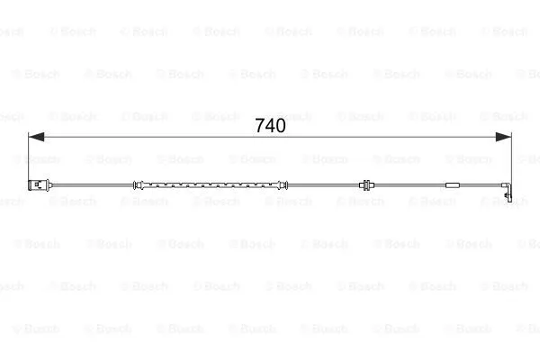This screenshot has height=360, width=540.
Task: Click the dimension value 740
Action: tap(270, 126)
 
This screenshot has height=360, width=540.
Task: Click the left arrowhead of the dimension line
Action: tap(36, 137)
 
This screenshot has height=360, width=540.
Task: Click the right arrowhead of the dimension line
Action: tap(503, 137)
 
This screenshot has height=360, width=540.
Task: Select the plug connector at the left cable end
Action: tap(40, 185)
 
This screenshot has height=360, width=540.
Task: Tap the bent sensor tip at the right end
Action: tap(508, 191)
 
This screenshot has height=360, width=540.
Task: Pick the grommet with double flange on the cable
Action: tap(365, 185)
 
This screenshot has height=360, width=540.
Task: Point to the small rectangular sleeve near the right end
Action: tap(452, 185)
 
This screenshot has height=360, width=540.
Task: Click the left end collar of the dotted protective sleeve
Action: tap(138, 185)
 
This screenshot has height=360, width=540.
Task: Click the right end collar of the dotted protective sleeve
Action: tap(283, 185)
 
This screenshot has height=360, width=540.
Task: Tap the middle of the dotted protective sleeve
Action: tap(211, 185)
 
